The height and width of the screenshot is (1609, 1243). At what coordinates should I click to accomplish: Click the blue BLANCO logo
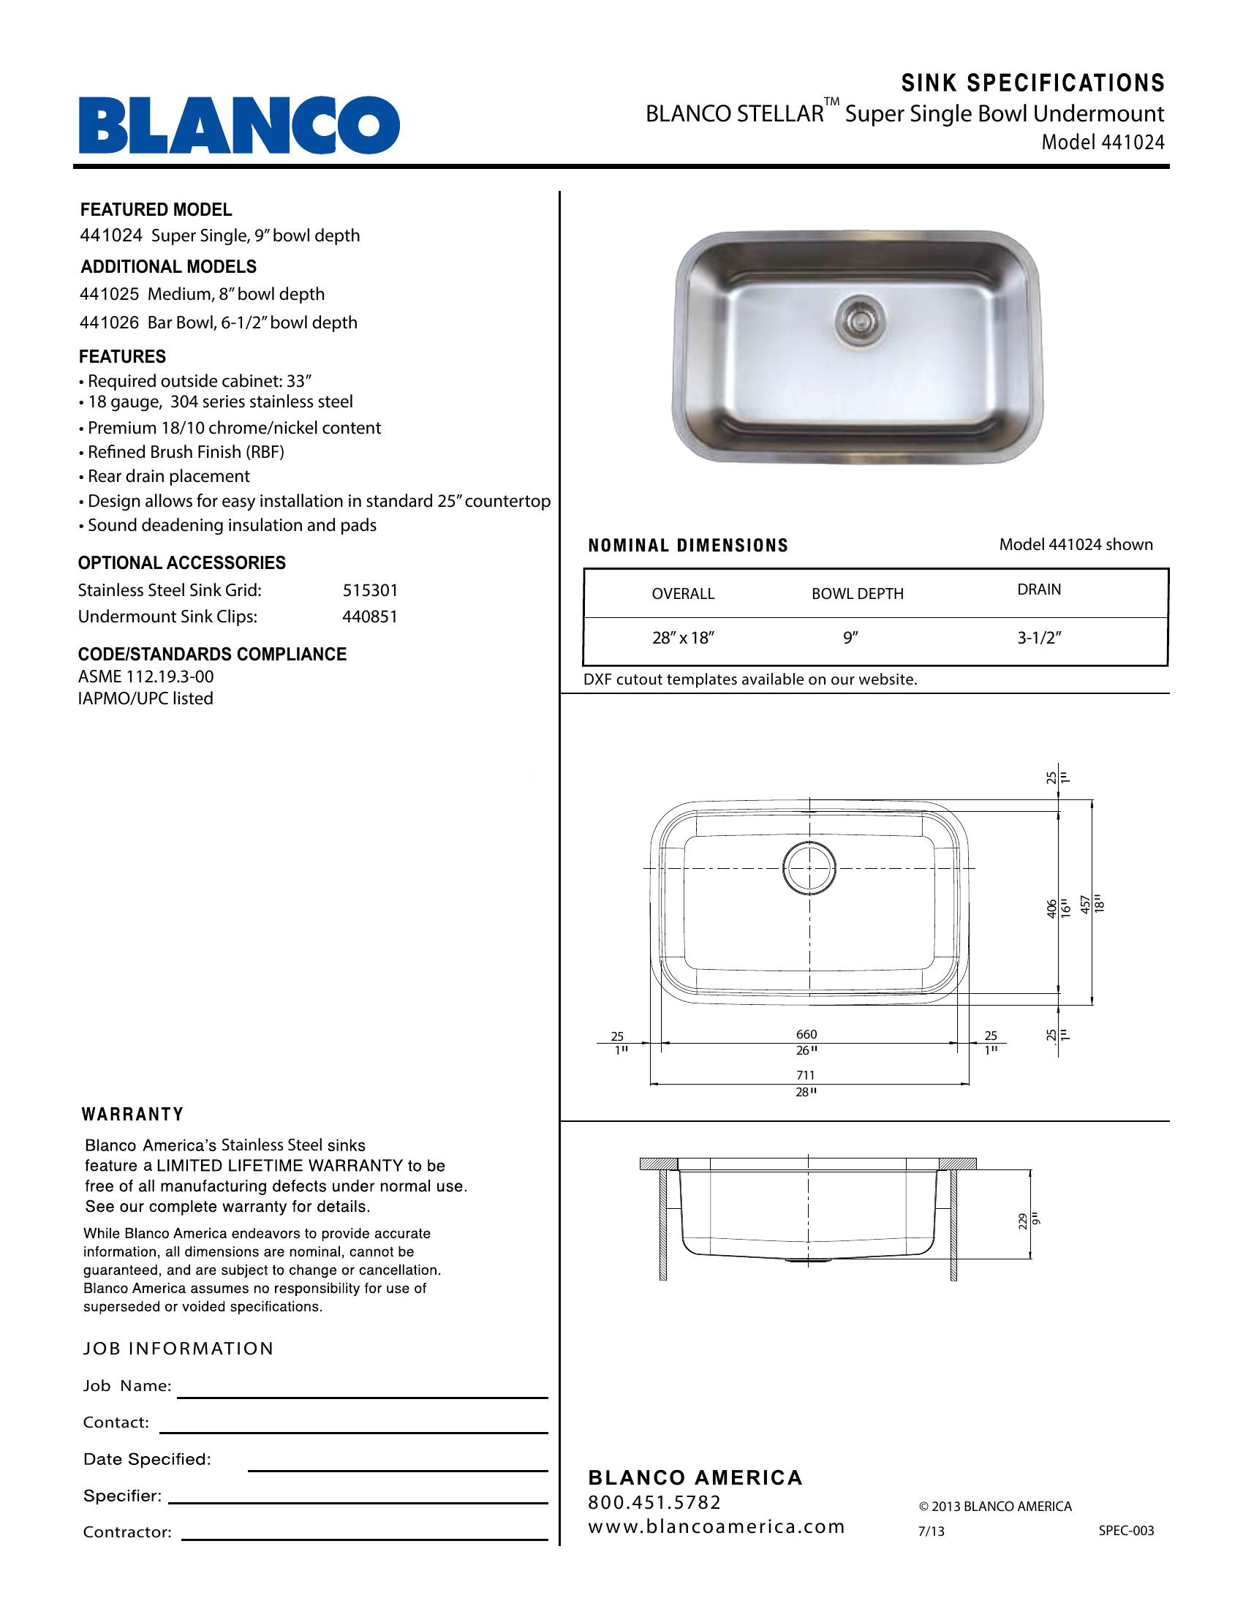(x=239, y=125)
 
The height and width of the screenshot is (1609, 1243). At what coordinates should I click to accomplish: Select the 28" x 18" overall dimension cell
(x=683, y=638)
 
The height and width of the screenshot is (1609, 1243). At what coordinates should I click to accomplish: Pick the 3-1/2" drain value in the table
(x=1039, y=638)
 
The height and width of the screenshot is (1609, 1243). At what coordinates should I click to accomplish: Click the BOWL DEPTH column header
(x=857, y=594)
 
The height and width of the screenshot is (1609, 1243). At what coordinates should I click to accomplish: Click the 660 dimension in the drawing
(x=806, y=1034)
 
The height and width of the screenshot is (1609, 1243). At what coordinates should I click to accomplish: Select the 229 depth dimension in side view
(x=1024, y=1222)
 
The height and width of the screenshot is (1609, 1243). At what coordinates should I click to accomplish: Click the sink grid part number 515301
(x=370, y=590)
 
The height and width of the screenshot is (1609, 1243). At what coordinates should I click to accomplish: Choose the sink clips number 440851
(x=370, y=617)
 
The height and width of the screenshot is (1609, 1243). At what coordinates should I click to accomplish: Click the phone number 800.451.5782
(x=654, y=1502)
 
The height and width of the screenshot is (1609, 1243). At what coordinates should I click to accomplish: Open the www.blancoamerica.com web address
(x=716, y=1526)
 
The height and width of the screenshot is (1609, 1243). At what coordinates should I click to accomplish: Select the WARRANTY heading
(x=132, y=1115)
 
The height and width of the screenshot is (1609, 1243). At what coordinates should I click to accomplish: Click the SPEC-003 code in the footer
(x=1126, y=1531)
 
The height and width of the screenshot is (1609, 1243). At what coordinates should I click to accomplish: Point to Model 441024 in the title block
(x=1103, y=142)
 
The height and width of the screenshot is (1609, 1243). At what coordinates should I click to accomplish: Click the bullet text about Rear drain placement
(x=169, y=477)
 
